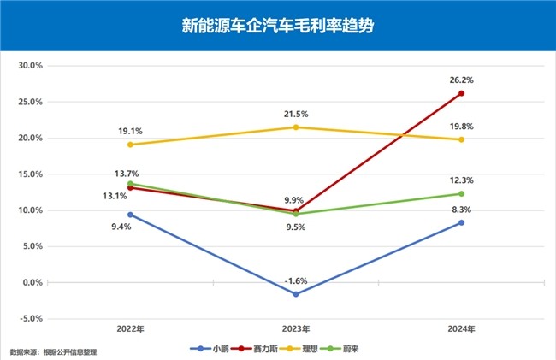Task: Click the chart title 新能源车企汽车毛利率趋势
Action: [277, 26]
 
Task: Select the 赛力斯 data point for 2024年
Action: [461, 93]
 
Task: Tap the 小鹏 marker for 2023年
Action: [296, 294]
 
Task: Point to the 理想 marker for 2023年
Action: [296, 127]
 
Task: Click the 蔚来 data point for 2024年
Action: [461, 194]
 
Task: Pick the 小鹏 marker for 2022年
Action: [130, 215]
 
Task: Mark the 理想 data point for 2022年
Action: [130, 145]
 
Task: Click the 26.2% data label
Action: [461, 80]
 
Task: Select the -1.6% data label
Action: [296, 280]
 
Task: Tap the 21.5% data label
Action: [296, 114]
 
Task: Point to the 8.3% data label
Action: [461, 210]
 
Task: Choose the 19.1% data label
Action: [130, 131]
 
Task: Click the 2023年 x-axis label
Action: [296, 328]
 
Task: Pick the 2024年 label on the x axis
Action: [461, 328]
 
